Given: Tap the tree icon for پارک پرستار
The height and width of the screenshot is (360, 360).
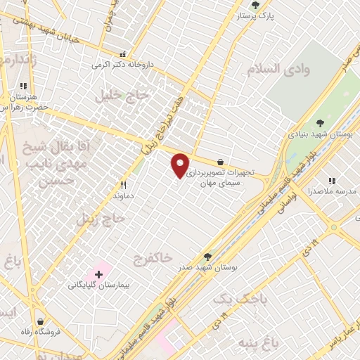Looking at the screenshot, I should [255, 5].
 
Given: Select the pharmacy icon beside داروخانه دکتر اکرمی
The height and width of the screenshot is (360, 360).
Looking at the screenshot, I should [124, 54].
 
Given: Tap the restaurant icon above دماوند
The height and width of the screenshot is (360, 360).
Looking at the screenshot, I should [123, 186].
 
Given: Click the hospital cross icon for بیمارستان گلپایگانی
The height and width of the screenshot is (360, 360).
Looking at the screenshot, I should [98, 273].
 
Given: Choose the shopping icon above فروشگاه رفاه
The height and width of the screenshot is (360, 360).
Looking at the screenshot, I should [41, 321].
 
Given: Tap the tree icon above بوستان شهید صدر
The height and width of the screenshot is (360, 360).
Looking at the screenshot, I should [207, 257].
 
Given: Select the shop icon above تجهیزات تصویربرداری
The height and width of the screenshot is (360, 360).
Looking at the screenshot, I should [221, 161].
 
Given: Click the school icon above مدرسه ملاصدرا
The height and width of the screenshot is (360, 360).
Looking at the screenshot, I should [332, 181].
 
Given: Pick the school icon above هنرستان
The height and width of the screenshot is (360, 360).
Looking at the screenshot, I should [24, 86].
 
